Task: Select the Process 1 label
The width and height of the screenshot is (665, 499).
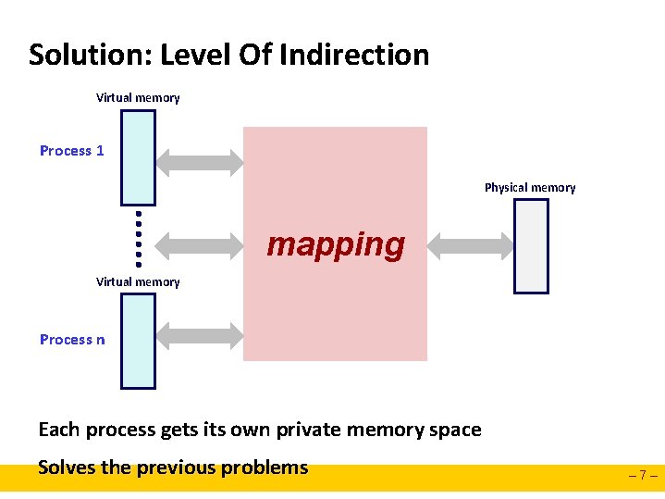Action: [72, 150]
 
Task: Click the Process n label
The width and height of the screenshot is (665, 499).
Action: [72, 339]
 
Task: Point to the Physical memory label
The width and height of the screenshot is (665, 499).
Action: [530, 187]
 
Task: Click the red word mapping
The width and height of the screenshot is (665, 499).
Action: [336, 244]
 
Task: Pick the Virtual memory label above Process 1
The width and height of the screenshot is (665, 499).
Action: [138, 97]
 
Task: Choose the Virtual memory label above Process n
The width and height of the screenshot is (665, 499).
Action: [138, 281]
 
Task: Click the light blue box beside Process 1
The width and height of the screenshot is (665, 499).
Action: [139, 157]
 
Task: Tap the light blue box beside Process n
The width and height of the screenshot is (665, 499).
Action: [139, 341]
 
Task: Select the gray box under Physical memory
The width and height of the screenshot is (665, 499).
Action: [531, 246]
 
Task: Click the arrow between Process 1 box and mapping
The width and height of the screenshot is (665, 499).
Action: [199, 163]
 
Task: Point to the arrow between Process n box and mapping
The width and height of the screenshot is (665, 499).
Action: [199, 339]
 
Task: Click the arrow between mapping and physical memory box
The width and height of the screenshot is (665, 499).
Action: [472, 245]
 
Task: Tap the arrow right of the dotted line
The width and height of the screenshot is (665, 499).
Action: [199, 245]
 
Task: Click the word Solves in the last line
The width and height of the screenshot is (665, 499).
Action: [66, 467]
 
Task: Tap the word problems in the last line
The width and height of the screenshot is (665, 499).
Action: [268, 467]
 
